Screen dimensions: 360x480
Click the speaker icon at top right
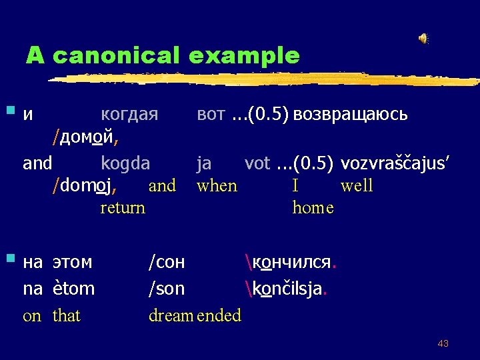[423, 39]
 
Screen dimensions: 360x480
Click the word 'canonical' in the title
[117, 55]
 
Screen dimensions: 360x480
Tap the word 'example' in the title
[244, 55]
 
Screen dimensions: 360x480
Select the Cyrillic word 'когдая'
[129, 114]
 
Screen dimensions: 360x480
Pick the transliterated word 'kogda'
[125, 163]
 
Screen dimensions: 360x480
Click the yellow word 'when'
[217, 185]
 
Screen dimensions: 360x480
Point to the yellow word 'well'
[357, 185]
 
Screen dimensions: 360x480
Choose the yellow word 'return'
[123, 207]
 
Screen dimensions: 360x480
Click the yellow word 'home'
[313, 207]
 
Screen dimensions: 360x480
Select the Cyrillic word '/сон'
[167, 262]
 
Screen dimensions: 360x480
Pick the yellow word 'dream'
[171, 315]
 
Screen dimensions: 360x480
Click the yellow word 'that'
[66, 315]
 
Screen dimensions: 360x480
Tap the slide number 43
[443, 343]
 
